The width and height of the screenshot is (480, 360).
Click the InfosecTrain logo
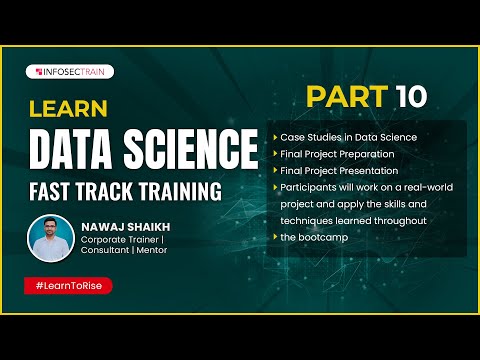[x=72, y=72]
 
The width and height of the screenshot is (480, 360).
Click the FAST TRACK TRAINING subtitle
[x=124, y=188]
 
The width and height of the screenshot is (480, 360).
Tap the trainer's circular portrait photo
[x=52, y=238]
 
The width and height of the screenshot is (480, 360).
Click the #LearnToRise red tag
[x=68, y=286]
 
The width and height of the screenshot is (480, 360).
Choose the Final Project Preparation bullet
[x=338, y=154]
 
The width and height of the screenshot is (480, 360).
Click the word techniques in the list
[x=307, y=220]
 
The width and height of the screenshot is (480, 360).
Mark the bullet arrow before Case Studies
[x=274, y=137]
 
